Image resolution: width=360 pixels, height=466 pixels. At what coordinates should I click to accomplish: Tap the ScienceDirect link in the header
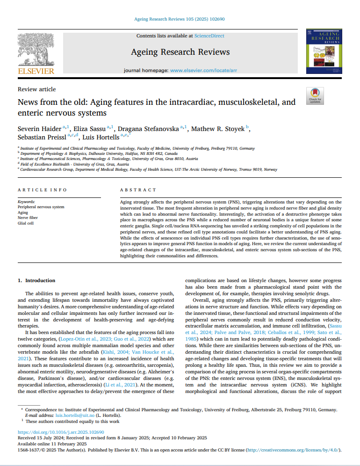(209, 36)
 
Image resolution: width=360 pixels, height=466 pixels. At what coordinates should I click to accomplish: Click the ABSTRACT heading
(138, 190)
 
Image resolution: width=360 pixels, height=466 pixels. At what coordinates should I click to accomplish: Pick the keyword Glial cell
(25, 223)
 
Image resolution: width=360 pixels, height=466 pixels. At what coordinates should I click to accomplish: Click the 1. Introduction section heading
(36, 280)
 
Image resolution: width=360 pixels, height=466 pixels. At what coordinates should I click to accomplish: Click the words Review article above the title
(36, 89)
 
